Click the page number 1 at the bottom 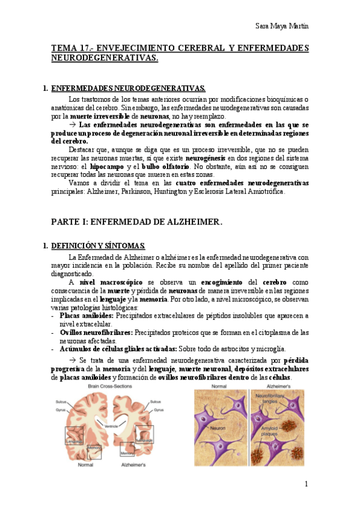click(x=306, y=484)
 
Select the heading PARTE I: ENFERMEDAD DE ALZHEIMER click(x=137, y=222)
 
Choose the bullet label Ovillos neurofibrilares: click(x=96, y=332)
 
